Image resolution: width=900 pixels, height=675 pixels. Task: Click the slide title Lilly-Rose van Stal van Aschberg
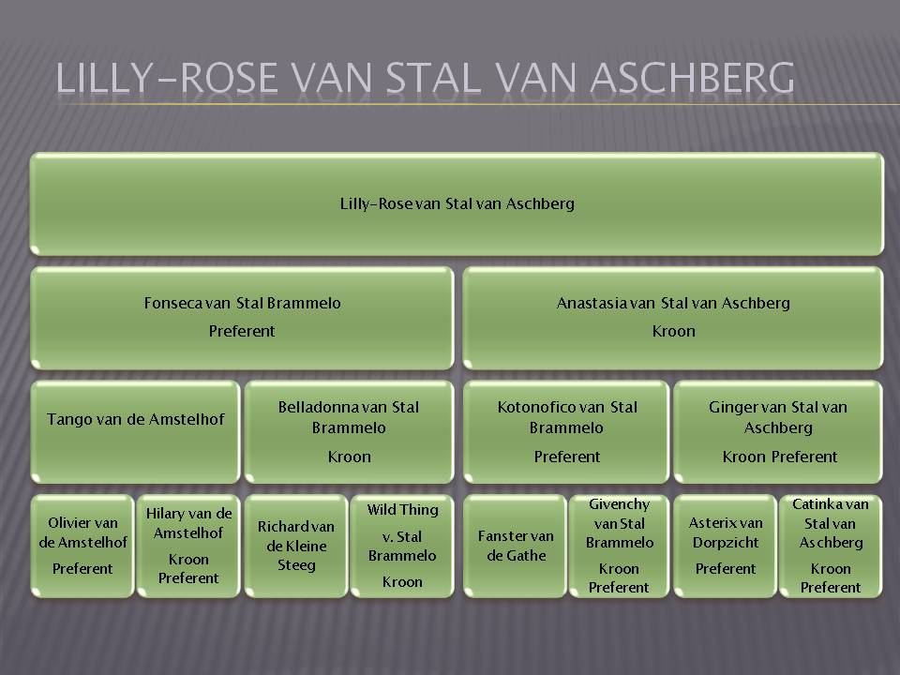[425, 78]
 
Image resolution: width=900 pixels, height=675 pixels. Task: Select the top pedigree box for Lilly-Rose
[457, 203]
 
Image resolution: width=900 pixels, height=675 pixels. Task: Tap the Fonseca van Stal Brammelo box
[242, 318]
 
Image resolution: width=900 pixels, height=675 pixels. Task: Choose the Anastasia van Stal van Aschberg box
[673, 318]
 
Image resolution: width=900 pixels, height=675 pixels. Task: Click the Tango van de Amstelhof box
[135, 431]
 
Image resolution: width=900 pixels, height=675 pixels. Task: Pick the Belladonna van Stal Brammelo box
[349, 431]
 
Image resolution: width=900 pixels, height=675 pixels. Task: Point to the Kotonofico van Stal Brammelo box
[566, 431]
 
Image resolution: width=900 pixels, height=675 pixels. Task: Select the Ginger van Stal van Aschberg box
[778, 431]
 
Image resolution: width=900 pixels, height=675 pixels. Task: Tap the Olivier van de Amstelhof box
[82, 546]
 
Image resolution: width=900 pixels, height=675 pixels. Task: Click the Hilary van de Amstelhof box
[188, 546]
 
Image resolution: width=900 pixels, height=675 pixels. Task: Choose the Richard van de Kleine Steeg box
[296, 546]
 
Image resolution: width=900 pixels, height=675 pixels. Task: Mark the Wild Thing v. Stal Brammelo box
[402, 546]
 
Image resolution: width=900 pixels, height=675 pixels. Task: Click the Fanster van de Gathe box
[515, 546]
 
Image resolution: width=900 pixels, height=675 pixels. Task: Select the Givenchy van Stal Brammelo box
[619, 546]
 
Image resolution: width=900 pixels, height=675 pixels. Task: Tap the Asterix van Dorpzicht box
[725, 546]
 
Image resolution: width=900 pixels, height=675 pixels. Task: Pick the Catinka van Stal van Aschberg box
[831, 546]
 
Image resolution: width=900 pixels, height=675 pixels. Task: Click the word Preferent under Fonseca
[242, 331]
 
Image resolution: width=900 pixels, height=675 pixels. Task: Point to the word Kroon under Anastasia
[673, 331]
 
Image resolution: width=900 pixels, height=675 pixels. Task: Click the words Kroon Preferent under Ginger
[779, 457]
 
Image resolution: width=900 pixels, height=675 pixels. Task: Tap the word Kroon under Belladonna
[349, 457]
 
